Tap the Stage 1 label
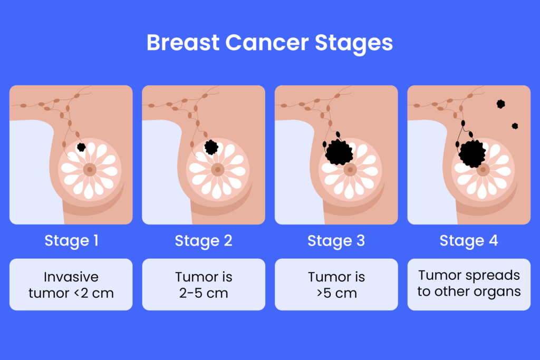(x=71, y=241)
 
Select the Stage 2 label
(x=204, y=241)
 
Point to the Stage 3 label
(x=336, y=241)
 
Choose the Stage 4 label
(x=469, y=241)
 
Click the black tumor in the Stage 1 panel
(x=81, y=147)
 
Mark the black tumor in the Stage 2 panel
(x=211, y=147)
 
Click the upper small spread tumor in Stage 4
(x=500, y=104)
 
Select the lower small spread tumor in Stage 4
(x=515, y=126)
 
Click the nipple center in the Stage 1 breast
(x=90, y=170)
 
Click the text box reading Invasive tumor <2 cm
(x=71, y=285)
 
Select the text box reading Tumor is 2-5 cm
(x=204, y=285)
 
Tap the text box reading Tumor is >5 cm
(x=336, y=285)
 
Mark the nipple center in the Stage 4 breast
(x=483, y=170)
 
